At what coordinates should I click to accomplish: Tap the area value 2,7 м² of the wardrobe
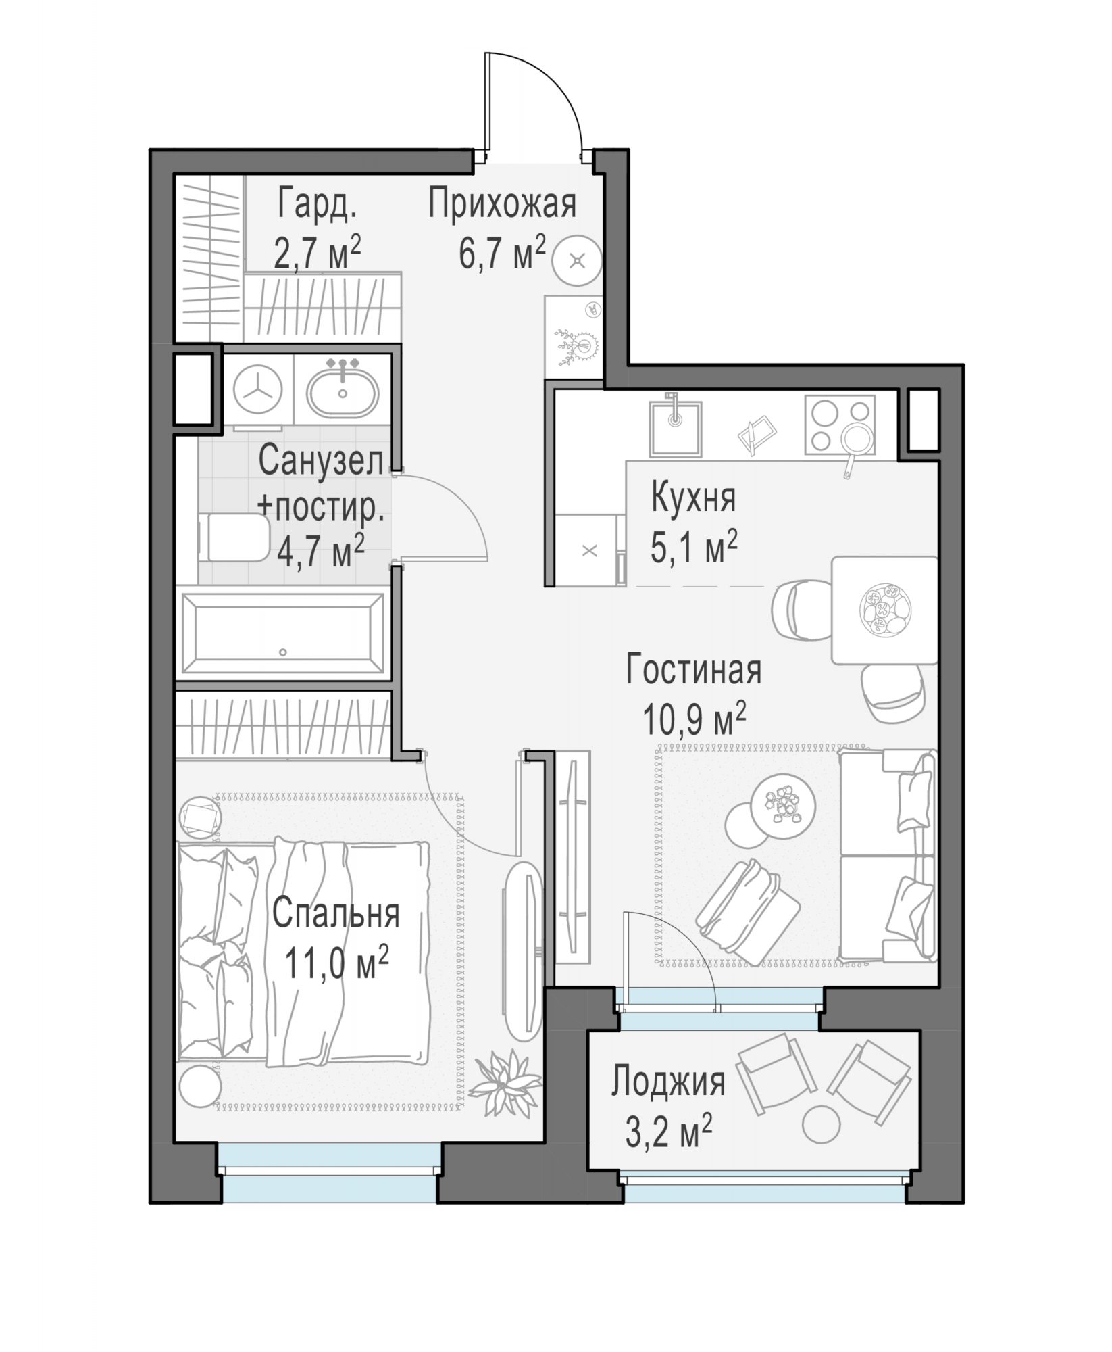pyautogui.click(x=317, y=253)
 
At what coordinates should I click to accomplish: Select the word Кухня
pyautogui.click(x=693, y=499)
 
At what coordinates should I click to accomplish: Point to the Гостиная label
pyautogui.click(x=694, y=670)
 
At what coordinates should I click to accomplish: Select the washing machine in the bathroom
pyautogui.click(x=257, y=391)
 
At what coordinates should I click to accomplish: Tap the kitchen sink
pyautogui.click(x=676, y=427)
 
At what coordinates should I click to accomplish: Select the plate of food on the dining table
pyautogui.click(x=885, y=610)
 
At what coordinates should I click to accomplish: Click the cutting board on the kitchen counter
pyautogui.click(x=755, y=431)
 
